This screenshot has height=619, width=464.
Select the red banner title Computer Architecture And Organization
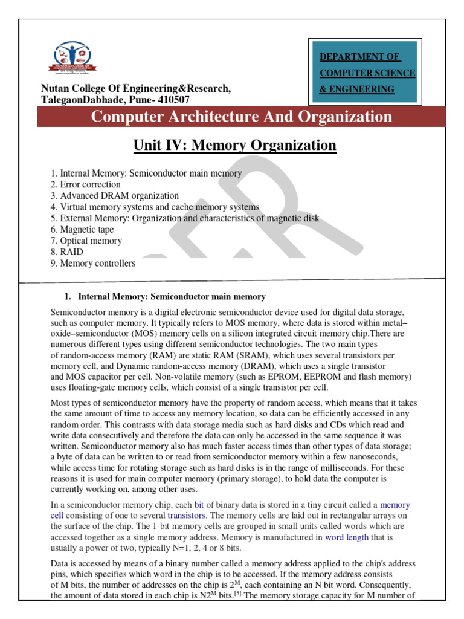click(241, 117)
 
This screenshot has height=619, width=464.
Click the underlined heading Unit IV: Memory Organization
click(233, 146)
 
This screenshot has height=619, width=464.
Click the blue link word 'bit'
click(199, 504)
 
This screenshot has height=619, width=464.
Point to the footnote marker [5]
click(239, 594)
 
